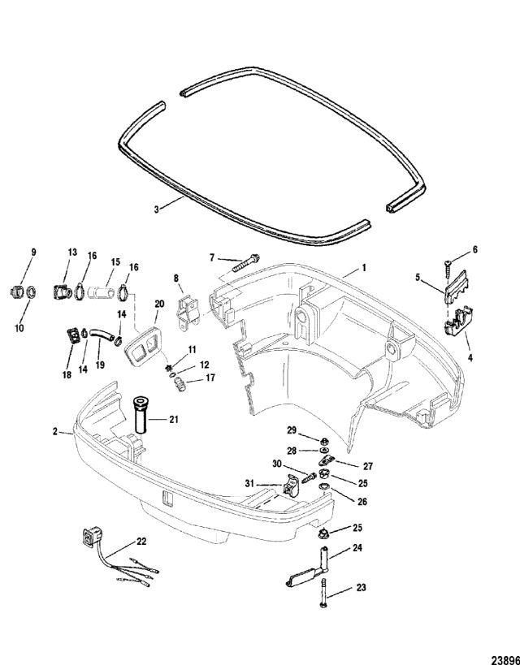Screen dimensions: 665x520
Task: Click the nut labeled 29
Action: click(x=319, y=443)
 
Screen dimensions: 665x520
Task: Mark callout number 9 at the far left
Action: click(x=33, y=253)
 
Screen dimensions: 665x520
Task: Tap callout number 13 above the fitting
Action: click(x=71, y=253)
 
